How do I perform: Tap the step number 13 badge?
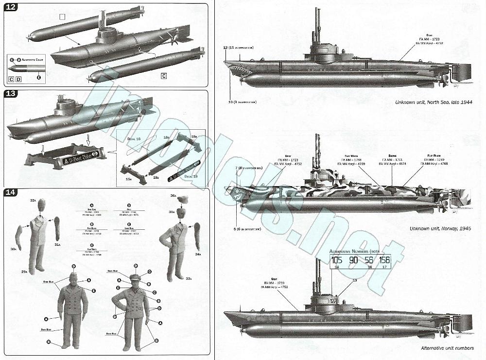pyautogui.click(x=10, y=94)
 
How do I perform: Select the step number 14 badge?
pyautogui.click(x=10, y=192)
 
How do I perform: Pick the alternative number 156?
pyautogui.click(x=384, y=260)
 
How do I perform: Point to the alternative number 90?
pyautogui.click(x=354, y=260)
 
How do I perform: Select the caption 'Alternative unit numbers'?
pyautogui.click(x=447, y=348)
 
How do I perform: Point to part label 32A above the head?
pyautogui.click(x=33, y=200)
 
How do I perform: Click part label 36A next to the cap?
pyautogui.click(x=173, y=196)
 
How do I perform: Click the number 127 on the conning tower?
pyautogui.click(x=333, y=301)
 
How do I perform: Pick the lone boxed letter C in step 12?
pyautogui.click(x=164, y=76)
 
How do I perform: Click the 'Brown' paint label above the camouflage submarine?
pyautogui.click(x=389, y=157)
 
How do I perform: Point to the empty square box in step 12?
pyautogui.click(x=61, y=17)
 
